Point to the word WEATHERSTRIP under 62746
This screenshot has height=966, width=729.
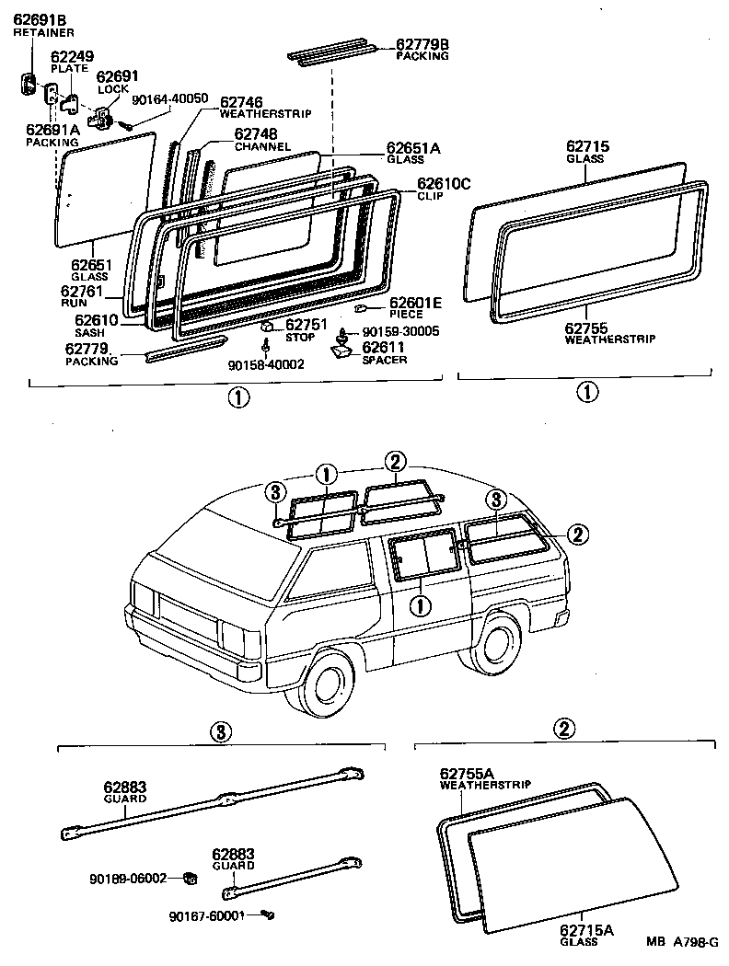(x=266, y=113)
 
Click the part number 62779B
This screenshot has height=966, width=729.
(x=422, y=43)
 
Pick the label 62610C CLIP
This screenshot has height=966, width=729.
(x=443, y=189)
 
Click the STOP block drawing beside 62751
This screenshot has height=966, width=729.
(x=267, y=326)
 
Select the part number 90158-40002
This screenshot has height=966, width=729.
(x=266, y=364)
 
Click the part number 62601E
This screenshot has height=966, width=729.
(x=416, y=303)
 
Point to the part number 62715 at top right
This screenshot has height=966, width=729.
(x=586, y=146)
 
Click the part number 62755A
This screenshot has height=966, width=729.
(x=467, y=773)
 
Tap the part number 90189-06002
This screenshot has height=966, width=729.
(x=129, y=878)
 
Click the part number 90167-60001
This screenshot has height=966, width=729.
(x=206, y=916)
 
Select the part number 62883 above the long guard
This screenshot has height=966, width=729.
(x=125, y=788)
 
